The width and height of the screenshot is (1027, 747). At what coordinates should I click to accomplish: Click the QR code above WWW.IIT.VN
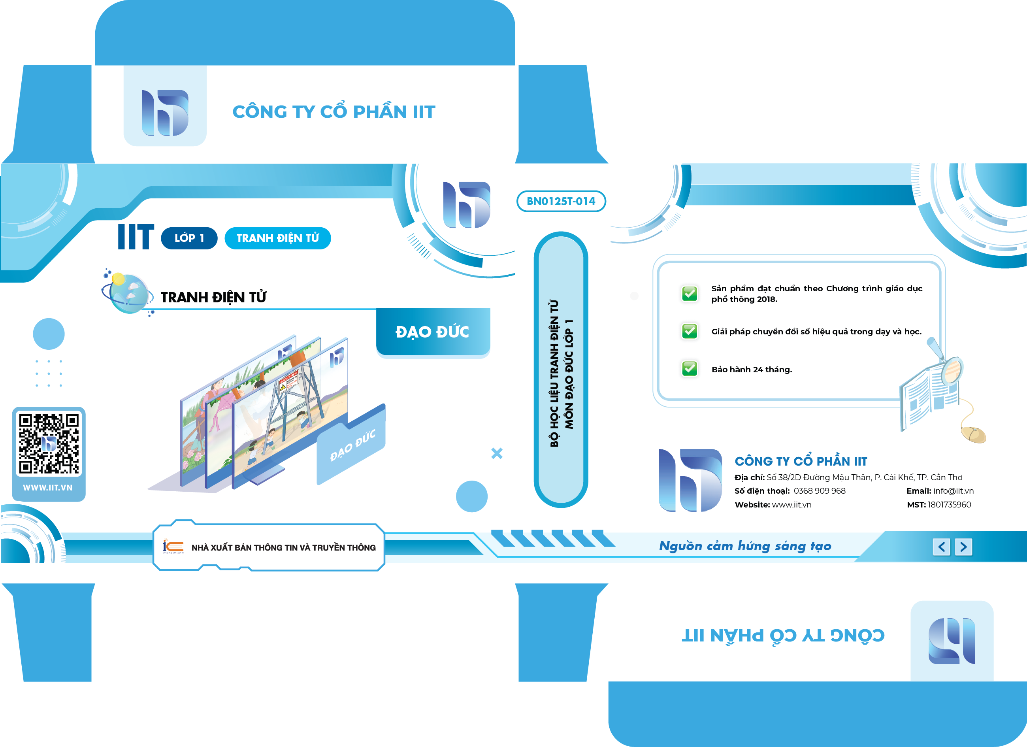pos(49,443)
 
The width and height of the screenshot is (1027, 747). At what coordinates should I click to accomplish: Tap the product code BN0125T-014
pos(561,201)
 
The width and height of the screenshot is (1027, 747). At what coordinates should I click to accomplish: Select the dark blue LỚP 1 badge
pos(189,238)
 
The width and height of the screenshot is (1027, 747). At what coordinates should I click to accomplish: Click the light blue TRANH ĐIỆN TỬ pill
pos(277,238)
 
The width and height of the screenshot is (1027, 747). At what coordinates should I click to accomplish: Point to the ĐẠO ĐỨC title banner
pos(433,332)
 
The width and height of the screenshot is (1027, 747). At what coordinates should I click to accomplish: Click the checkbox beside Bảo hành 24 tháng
pos(690,368)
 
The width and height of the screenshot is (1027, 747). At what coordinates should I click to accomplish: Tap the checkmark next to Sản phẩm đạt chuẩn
pos(690,294)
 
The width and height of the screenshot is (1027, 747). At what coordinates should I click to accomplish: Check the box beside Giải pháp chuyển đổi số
pos(690,331)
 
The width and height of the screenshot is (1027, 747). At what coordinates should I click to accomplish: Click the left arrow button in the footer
pos(941,547)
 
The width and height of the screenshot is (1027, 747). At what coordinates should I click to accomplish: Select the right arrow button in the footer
pos(963,547)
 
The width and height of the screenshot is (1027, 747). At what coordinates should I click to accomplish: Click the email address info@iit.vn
pos(953,490)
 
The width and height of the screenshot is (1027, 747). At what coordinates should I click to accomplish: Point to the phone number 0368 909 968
pos(820,490)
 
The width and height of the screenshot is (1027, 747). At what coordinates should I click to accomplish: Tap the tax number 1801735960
pos(949,505)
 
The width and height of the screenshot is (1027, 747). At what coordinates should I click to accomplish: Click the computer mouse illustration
pos(973,434)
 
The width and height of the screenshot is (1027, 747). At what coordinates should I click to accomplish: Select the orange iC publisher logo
pos(173,547)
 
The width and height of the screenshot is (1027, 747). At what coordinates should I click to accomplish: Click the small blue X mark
pos(497,453)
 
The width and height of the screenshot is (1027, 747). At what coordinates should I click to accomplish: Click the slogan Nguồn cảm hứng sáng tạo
pos(745,546)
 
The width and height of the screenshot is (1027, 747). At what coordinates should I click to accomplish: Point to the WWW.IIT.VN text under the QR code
pos(47,488)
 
